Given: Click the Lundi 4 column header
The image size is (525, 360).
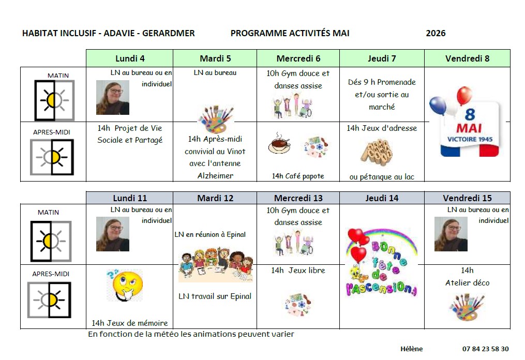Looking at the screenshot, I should pyautogui.click(x=129, y=58).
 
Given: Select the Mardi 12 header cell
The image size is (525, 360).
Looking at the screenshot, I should pyautogui.click(x=215, y=198).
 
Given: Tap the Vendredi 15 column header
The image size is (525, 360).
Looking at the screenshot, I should pyautogui.click(x=467, y=198).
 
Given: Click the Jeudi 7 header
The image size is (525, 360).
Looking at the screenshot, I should pyautogui.click(x=382, y=58).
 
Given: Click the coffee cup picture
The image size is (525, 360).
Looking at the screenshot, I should pyautogui.click(x=279, y=145).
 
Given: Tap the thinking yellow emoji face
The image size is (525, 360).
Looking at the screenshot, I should pyautogui.click(x=124, y=284).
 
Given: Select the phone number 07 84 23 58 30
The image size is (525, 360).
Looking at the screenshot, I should pyautogui.click(x=485, y=349).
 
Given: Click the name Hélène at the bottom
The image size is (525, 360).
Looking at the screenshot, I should pyautogui.click(x=411, y=349).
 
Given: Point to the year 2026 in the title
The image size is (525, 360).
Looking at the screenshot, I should pyautogui.click(x=436, y=34).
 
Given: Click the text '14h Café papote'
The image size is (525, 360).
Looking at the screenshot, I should pyautogui.click(x=298, y=176).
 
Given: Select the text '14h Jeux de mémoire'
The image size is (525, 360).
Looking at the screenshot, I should pyautogui.click(x=130, y=323).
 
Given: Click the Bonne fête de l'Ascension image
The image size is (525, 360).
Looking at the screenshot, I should pyautogui.click(x=381, y=262).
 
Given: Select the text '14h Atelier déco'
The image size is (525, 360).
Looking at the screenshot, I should pyautogui.click(x=467, y=277).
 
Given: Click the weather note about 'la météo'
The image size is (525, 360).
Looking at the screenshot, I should pyautogui.click(x=191, y=334).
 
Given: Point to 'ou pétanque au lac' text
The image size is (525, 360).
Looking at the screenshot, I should pyautogui.click(x=382, y=177).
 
